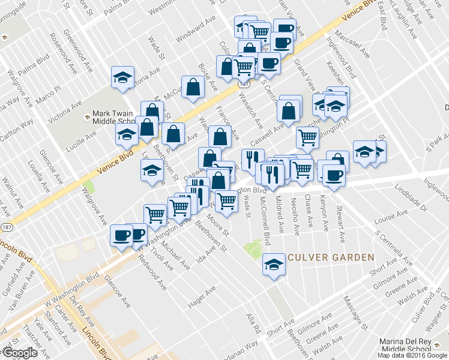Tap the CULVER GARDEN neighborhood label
(330, 257)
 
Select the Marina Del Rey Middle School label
(413, 346)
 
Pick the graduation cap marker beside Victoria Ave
(122, 77)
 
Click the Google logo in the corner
(20, 353)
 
